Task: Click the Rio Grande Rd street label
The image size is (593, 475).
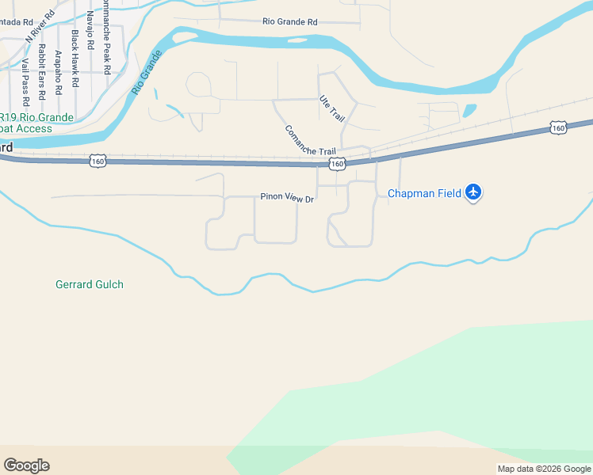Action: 289,22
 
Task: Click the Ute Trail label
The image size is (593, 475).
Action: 332,108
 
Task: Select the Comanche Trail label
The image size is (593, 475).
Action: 310,141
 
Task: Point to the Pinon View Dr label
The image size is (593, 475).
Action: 288,198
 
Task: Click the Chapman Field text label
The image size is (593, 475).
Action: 424,193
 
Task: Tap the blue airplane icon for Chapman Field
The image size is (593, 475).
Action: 474,192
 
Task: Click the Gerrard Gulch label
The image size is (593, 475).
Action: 90,284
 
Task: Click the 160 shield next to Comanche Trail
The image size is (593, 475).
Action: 338,164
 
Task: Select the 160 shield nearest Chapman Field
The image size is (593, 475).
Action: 558,127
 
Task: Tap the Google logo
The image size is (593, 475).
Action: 26,465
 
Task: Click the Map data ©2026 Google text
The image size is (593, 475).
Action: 544,469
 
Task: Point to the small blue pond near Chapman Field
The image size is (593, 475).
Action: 469,111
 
